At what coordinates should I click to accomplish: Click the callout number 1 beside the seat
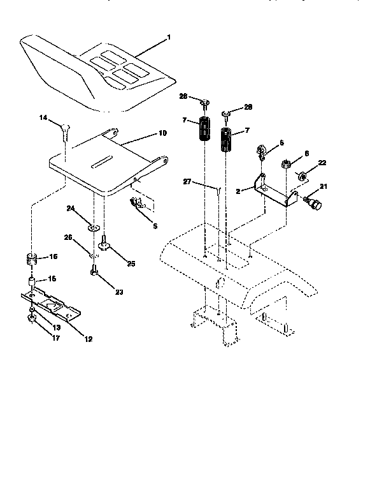169,38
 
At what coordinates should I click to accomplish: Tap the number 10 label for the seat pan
162,133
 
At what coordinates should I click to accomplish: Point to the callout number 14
43,118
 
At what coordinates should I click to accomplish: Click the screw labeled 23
94,273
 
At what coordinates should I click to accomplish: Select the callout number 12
87,339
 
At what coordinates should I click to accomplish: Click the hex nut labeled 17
31,318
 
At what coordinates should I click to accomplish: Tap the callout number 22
322,163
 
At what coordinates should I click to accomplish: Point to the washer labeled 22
304,175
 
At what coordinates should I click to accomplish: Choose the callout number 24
71,208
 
